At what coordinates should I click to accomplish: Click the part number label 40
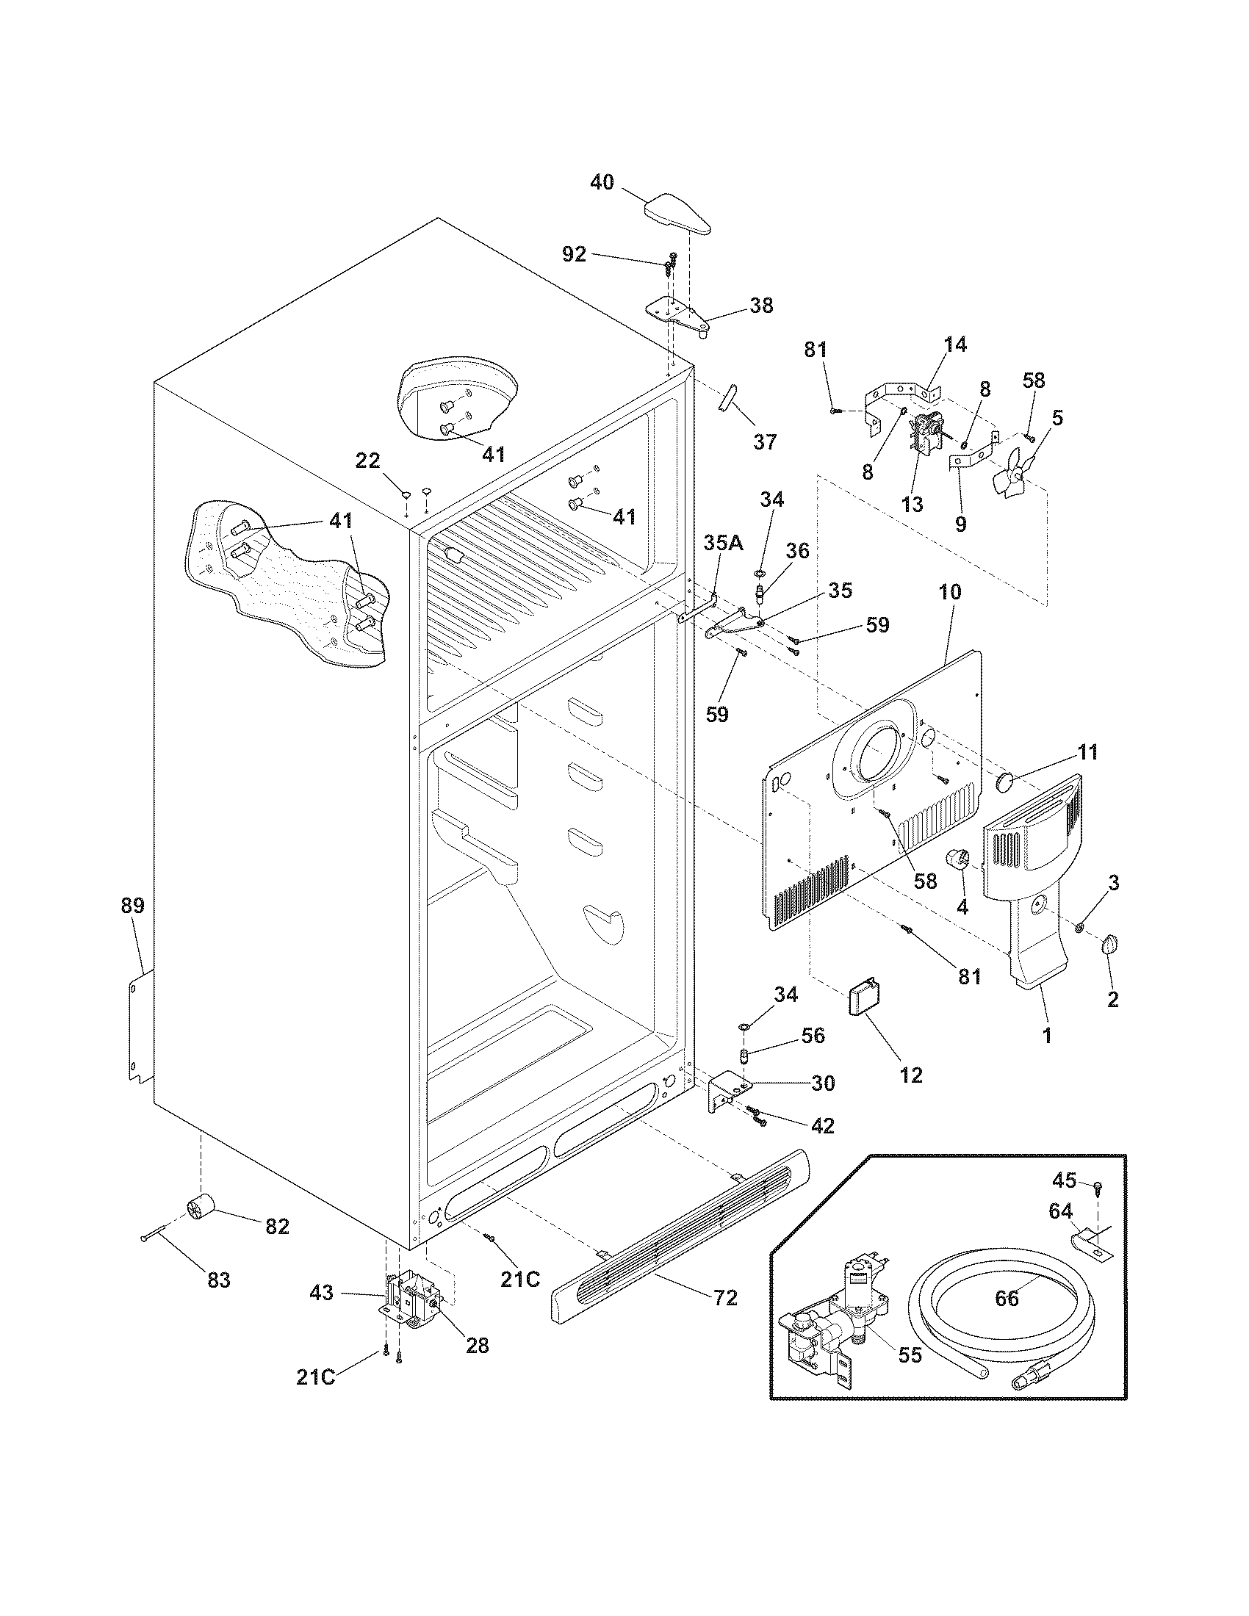[x=602, y=182]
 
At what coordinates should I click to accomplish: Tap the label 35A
[x=722, y=542]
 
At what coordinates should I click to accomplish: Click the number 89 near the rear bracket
[x=133, y=906]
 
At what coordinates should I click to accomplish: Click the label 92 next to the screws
[x=575, y=255]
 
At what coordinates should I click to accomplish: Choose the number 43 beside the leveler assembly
[x=321, y=1293]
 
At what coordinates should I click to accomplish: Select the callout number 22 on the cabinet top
[x=368, y=461]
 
